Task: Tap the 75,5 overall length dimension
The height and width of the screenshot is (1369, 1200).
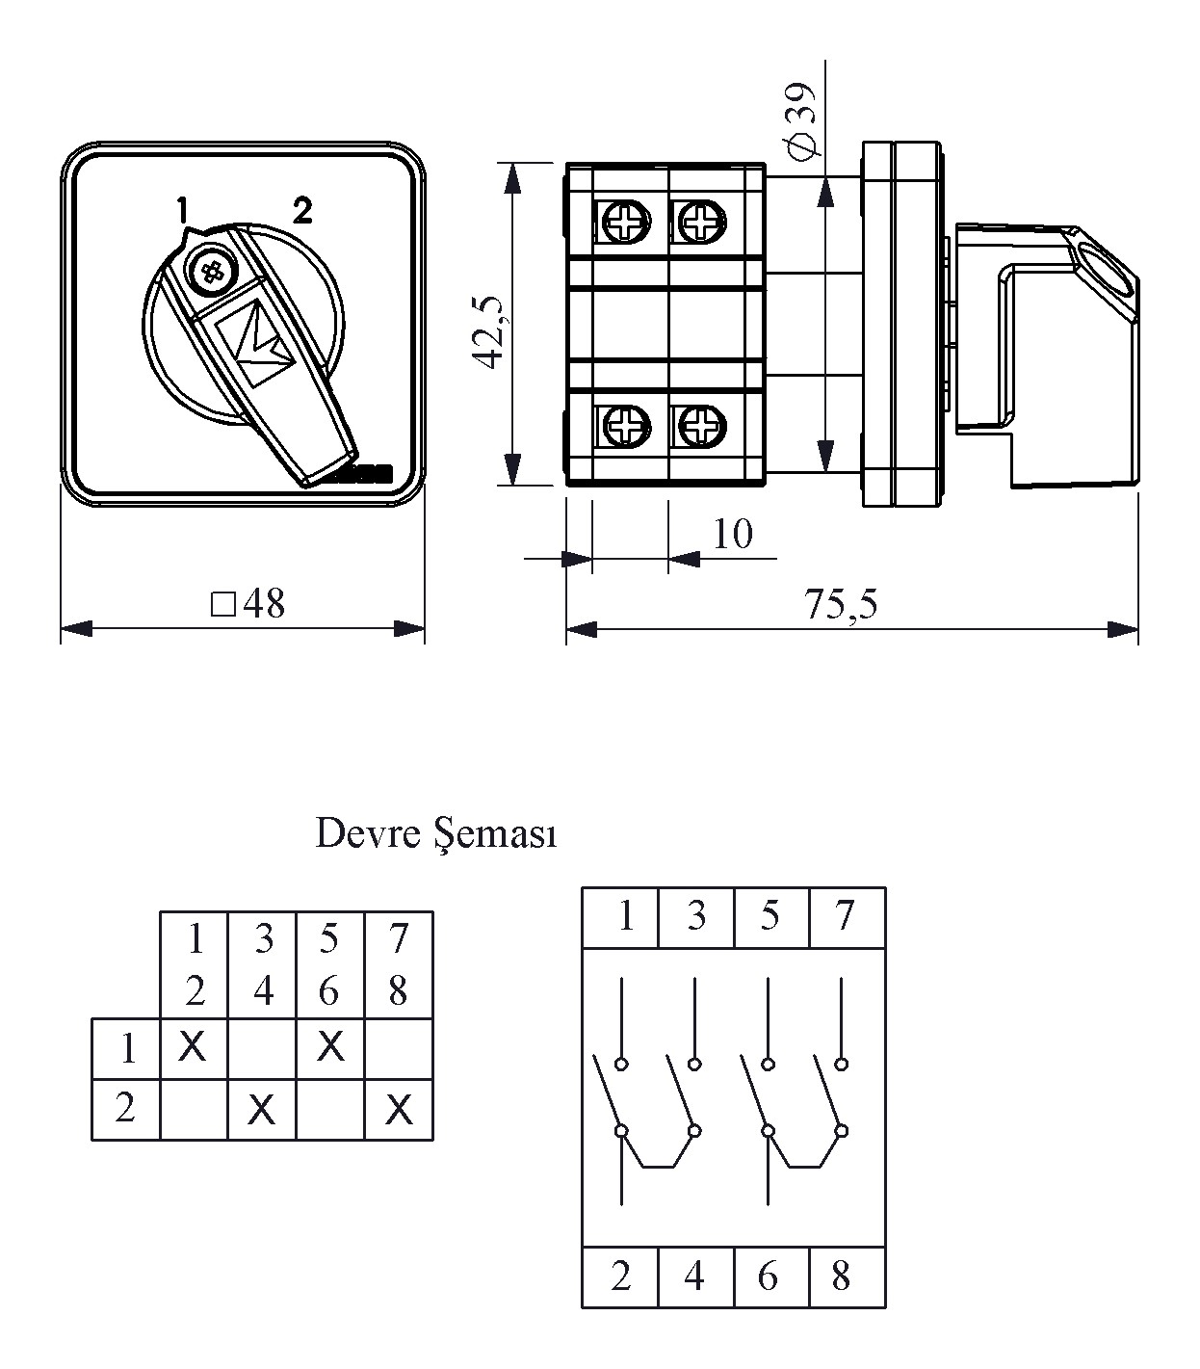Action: pyautogui.click(x=841, y=605)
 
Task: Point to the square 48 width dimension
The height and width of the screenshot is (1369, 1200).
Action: pyautogui.click(x=248, y=604)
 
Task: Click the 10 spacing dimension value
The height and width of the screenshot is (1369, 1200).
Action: pyautogui.click(x=733, y=534)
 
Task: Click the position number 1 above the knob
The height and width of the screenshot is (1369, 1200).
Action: pyautogui.click(x=180, y=209)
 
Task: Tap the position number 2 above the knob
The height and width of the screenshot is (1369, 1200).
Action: pyautogui.click(x=302, y=210)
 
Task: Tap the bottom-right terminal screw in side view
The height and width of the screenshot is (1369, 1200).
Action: pyautogui.click(x=702, y=425)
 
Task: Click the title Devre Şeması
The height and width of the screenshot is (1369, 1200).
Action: pyautogui.click(x=436, y=834)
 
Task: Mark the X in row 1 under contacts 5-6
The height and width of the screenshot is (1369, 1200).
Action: pyautogui.click(x=330, y=1046)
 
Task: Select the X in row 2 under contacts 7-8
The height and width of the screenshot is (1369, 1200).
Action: pyautogui.click(x=399, y=1111)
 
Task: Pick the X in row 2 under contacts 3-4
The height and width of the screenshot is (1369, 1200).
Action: pyautogui.click(x=261, y=1111)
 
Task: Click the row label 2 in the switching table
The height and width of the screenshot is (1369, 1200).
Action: pyautogui.click(x=125, y=1109)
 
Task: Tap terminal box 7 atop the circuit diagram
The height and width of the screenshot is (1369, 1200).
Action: pyautogui.click(x=845, y=916)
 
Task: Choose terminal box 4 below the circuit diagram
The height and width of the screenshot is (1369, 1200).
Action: pyautogui.click(x=694, y=1277)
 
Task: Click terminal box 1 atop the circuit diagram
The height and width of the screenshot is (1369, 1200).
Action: pyautogui.click(x=625, y=916)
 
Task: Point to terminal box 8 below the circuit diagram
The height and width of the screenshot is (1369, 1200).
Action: pyautogui.click(x=841, y=1277)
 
